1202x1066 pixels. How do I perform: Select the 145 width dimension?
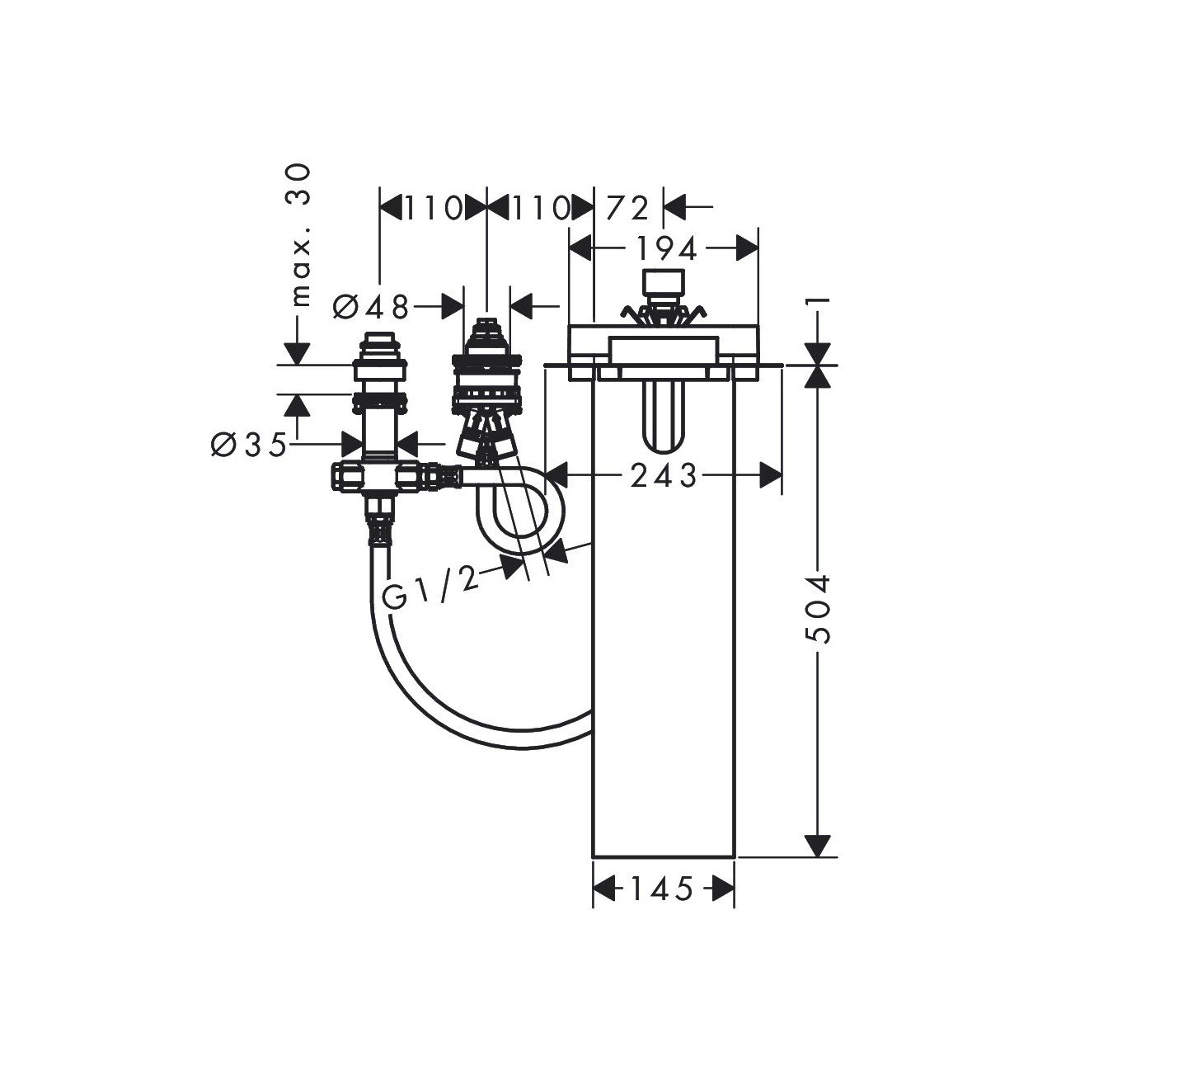pyautogui.click(x=662, y=889)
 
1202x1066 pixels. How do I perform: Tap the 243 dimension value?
pyautogui.click(x=663, y=476)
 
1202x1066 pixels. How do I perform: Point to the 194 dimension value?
pyautogui.click(x=667, y=249)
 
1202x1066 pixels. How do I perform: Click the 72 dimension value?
pyautogui.click(x=628, y=209)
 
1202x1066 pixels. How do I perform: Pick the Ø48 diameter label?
pyautogui.click(x=371, y=307)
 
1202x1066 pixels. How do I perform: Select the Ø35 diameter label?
pyautogui.click(x=249, y=444)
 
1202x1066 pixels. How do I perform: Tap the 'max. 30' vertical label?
pyautogui.click(x=302, y=235)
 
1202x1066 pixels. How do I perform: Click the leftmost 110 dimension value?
pyautogui.click(x=434, y=209)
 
